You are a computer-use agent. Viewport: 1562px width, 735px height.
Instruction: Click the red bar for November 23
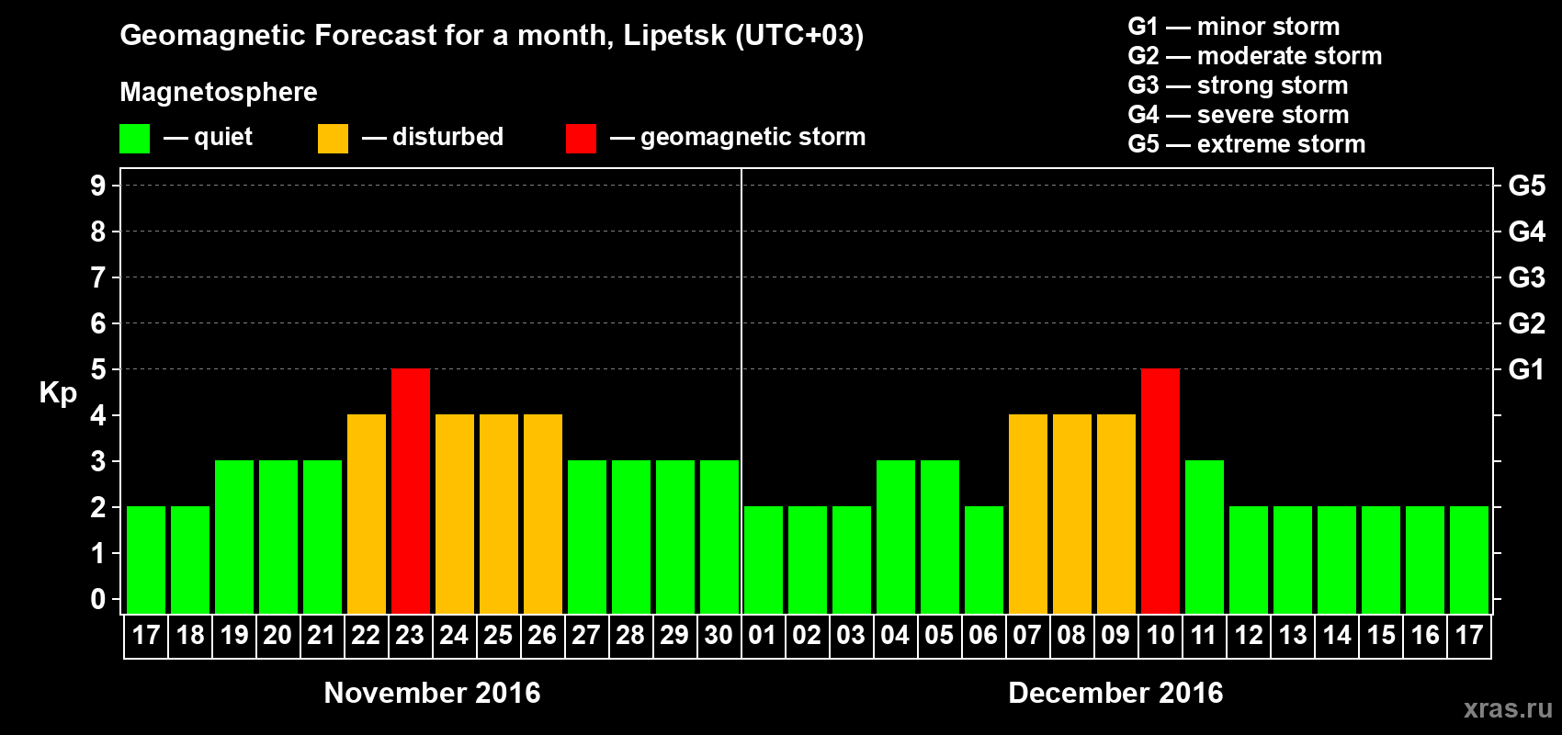(x=411, y=491)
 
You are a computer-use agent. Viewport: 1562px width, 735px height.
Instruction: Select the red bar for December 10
(x=1160, y=491)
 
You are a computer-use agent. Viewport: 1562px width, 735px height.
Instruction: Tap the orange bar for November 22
(x=367, y=514)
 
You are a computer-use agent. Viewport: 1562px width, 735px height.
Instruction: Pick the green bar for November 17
(x=146, y=560)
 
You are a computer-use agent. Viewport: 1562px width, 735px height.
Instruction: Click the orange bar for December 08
(x=1072, y=514)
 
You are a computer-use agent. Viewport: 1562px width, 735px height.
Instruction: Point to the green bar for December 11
(x=1205, y=537)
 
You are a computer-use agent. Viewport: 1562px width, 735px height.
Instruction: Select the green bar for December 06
(x=984, y=560)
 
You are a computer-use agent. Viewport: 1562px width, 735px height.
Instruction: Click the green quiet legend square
(x=135, y=139)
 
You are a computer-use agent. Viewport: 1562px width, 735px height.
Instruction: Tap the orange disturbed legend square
(x=333, y=139)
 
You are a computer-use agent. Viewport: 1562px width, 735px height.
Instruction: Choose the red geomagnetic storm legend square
(x=581, y=139)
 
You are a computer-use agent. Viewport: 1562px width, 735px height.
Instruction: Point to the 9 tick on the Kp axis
(x=98, y=186)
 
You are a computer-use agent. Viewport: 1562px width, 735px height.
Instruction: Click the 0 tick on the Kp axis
(x=98, y=600)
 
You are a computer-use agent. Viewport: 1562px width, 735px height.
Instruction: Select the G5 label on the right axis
(x=1526, y=186)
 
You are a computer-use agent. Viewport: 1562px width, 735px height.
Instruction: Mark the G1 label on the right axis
(x=1526, y=369)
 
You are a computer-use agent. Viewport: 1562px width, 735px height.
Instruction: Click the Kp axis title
(x=58, y=392)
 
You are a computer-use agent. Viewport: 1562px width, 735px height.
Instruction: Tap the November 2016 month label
(x=432, y=693)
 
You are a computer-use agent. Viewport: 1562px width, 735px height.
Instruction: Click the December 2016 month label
(x=1115, y=693)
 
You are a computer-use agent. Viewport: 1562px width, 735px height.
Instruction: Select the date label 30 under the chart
(x=719, y=636)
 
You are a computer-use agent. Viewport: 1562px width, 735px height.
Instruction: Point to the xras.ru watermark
(x=1508, y=708)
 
